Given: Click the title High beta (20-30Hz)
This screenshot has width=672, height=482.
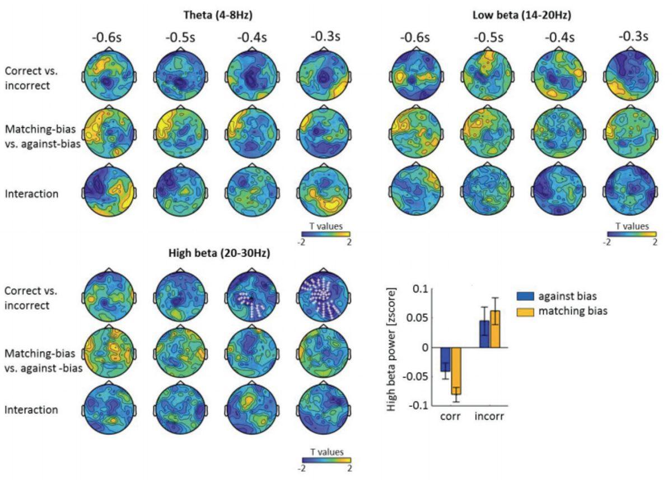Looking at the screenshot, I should point(219,253).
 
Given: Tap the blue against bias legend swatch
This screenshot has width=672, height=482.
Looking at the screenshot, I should point(525,296).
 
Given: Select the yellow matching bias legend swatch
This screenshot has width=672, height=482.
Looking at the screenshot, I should point(525,310).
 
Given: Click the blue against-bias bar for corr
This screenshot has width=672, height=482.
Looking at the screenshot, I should point(445,359).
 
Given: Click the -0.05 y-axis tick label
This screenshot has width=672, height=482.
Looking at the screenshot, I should point(417,376).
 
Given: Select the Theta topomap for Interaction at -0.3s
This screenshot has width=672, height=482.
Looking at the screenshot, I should point(323,192).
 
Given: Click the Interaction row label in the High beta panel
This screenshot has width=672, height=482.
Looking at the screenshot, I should point(31,410).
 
